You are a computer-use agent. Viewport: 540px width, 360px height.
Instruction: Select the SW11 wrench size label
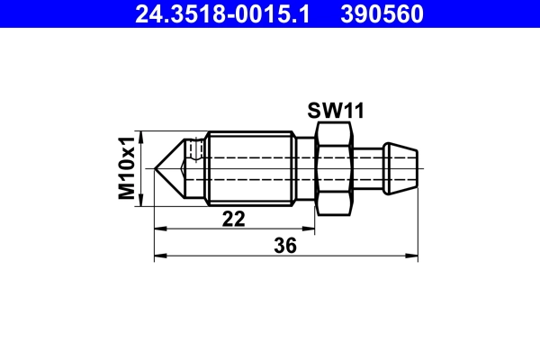335,111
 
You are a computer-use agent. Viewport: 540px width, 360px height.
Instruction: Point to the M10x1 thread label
128,166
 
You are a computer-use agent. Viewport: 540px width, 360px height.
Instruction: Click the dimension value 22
234,220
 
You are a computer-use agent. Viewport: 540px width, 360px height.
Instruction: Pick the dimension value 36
285,245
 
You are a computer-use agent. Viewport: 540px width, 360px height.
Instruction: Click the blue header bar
270,14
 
